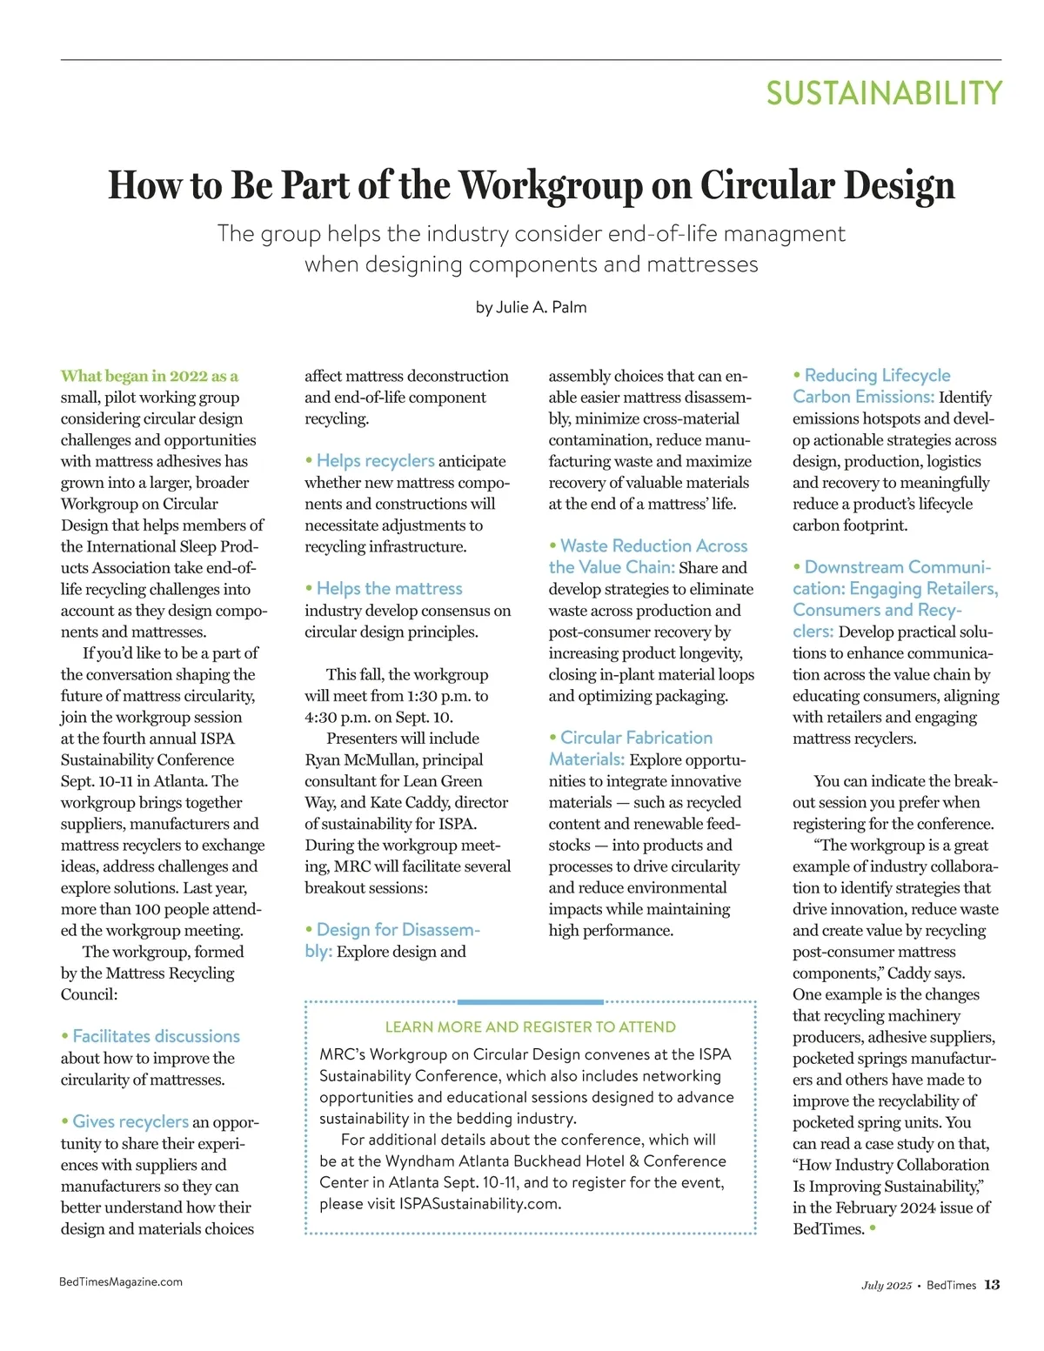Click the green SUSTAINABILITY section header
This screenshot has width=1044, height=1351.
coord(884,93)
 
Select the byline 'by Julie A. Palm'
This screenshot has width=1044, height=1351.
coord(531,307)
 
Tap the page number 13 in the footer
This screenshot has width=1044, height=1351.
coord(992,1285)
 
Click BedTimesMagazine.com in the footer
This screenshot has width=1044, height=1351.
coord(121,1281)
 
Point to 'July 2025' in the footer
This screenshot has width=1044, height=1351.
coord(887,1286)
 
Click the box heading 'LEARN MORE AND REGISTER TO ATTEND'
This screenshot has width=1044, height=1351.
coord(530,1027)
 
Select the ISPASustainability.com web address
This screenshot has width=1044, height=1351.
coord(479,1204)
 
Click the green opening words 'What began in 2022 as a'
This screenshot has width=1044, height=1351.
coord(149,376)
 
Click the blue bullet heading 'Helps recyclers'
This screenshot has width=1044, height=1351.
coord(375,460)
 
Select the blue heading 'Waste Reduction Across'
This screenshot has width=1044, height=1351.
coord(653,545)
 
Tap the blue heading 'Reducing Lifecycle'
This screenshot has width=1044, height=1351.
coord(877,375)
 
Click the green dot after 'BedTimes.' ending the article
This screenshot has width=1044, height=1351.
coord(873,1228)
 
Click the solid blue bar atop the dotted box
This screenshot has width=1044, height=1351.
coord(530,1002)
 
